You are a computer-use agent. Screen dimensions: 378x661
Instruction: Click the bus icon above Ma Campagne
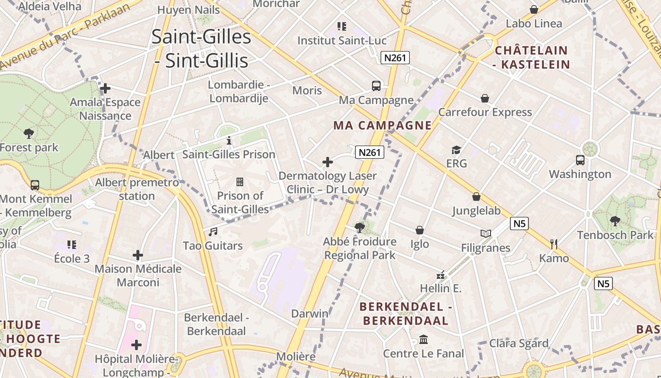[x=376, y=86]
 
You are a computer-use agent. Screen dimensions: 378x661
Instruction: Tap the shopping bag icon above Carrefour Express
[x=485, y=98]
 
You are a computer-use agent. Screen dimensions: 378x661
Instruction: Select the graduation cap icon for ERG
[x=456, y=150]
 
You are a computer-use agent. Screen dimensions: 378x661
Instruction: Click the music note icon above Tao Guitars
[x=213, y=232]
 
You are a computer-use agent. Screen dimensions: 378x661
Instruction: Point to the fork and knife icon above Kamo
[x=554, y=244]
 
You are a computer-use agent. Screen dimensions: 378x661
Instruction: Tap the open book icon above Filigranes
[x=486, y=233]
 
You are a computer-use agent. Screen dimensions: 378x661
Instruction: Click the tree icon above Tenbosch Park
[x=615, y=221]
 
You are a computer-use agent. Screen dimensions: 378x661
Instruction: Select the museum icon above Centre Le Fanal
[x=424, y=340]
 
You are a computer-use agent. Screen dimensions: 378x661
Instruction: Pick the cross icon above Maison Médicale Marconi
[x=138, y=255]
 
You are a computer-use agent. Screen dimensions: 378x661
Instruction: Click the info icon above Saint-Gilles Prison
[x=229, y=140]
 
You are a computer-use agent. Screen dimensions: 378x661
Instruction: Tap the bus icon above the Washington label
[x=580, y=160]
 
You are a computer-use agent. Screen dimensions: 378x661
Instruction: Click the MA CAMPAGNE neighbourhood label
[x=382, y=125]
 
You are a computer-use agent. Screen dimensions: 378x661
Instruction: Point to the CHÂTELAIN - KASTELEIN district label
[x=532, y=57]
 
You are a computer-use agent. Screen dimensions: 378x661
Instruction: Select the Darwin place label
[x=310, y=314]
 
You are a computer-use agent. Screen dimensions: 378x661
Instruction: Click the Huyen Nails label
[x=188, y=9]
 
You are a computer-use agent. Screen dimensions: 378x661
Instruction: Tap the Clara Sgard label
[x=518, y=343]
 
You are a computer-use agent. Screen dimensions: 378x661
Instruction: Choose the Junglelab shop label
[x=476, y=210]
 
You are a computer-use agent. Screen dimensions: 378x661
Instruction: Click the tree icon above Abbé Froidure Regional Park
[x=360, y=228]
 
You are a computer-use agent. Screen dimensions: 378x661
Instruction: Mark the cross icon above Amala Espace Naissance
[x=105, y=88]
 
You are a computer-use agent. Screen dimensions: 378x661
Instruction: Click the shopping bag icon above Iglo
[x=419, y=230]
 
